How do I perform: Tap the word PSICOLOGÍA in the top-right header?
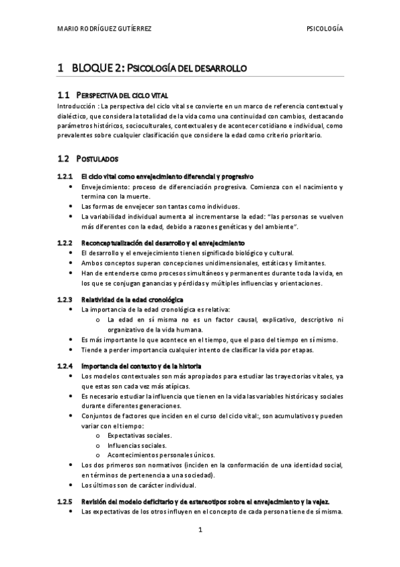(324, 29)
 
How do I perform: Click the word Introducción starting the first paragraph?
(76, 106)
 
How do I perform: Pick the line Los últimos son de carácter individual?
(139, 485)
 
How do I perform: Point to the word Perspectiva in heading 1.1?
(100, 95)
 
